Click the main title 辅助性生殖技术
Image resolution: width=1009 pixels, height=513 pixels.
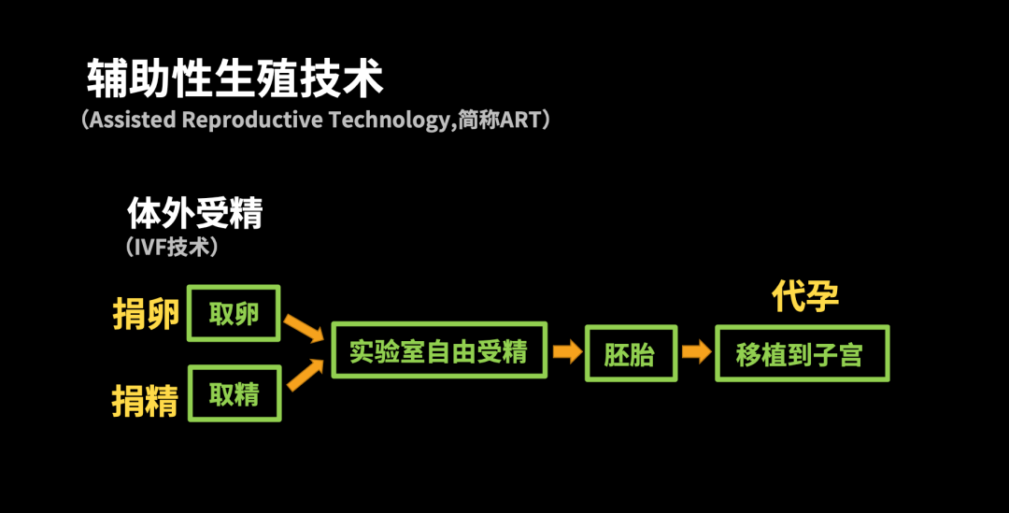pyautogui.click(x=234, y=78)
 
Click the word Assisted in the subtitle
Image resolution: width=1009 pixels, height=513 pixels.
pyautogui.click(x=134, y=120)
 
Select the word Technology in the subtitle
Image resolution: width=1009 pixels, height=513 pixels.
pyautogui.click(x=390, y=121)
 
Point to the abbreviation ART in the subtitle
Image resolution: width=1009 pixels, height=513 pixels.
pyautogui.click(x=520, y=120)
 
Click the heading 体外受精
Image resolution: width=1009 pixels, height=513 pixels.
pyautogui.click(x=195, y=212)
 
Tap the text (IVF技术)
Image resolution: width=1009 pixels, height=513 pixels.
pyautogui.click(x=172, y=247)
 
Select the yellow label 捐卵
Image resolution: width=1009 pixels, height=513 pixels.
pyautogui.click(x=146, y=314)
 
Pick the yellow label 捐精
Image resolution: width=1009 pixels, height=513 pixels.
pyautogui.click(x=146, y=400)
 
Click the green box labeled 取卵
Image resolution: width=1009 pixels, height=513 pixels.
pyautogui.click(x=234, y=313)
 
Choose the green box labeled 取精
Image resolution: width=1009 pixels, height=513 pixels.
pyautogui.click(x=234, y=394)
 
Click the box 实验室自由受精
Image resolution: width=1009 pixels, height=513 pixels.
pyautogui.click(x=439, y=350)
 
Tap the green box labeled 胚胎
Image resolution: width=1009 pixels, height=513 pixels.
pyautogui.click(x=631, y=353)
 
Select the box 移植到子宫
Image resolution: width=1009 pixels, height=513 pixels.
pyautogui.click(x=802, y=353)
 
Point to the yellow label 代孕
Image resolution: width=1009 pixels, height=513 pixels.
pyautogui.click(x=805, y=296)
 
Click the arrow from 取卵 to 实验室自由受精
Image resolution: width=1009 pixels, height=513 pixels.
pyautogui.click(x=304, y=328)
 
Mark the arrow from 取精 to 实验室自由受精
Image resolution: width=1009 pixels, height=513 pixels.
pyautogui.click(x=305, y=376)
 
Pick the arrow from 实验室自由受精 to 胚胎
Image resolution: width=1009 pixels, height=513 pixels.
pyautogui.click(x=567, y=351)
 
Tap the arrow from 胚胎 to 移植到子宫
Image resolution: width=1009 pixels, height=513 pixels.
pyautogui.click(x=696, y=351)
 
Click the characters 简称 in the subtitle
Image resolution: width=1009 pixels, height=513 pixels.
pyautogui.click(x=478, y=120)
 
